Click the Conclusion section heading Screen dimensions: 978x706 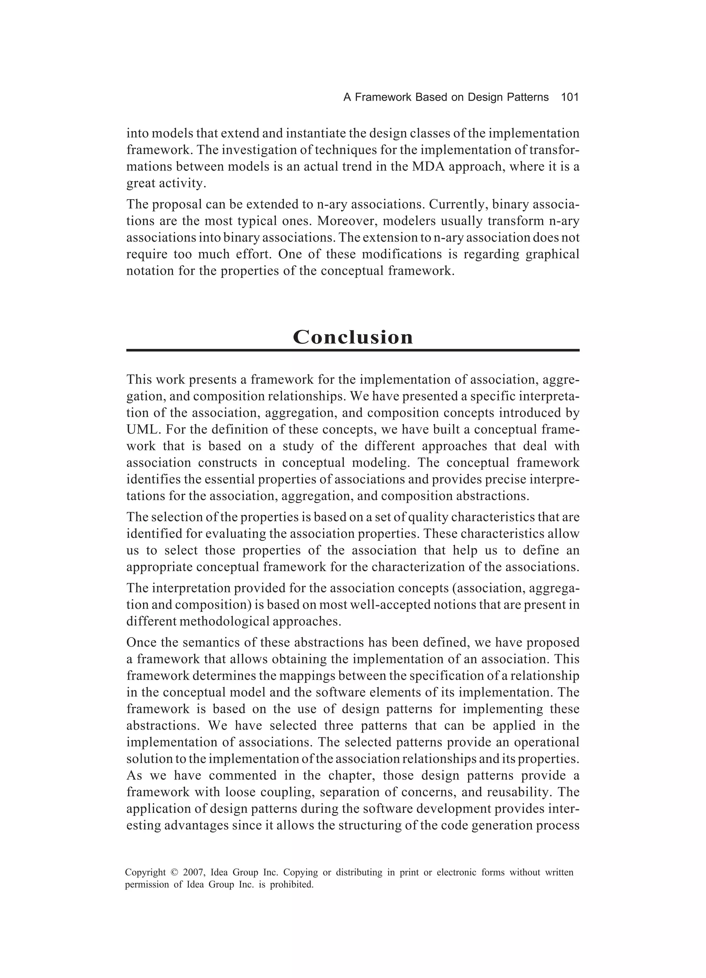tap(353, 337)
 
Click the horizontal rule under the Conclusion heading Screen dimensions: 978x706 tap(353, 351)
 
